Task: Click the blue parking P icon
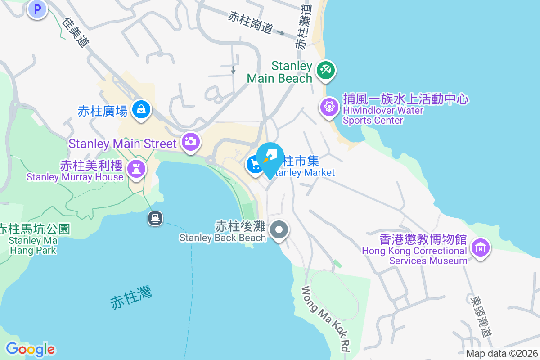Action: coord(37,9)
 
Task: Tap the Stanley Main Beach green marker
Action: coord(325,71)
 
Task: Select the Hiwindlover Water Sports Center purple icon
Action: coord(329,107)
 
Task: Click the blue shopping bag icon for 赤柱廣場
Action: coord(141,109)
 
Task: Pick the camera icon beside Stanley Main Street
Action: coord(191,142)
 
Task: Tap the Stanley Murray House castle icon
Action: coord(135,169)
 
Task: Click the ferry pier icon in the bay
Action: coord(155,219)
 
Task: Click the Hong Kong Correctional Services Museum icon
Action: coord(480,247)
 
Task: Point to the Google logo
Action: coord(30,349)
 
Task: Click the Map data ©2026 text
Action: coord(502,353)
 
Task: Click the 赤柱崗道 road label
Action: coord(250,22)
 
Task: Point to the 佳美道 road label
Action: coord(76,32)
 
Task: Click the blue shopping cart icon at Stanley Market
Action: coord(255,164)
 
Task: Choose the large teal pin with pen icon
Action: coord(270,157)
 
